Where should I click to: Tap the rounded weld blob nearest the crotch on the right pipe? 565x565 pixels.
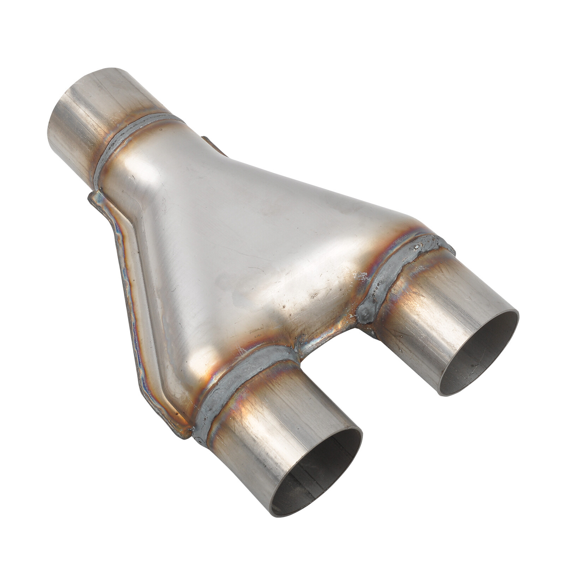tap(365, 311)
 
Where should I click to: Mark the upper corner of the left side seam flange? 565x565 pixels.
tap(93, 195)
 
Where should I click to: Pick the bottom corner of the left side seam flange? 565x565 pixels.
tap(187, 438)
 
